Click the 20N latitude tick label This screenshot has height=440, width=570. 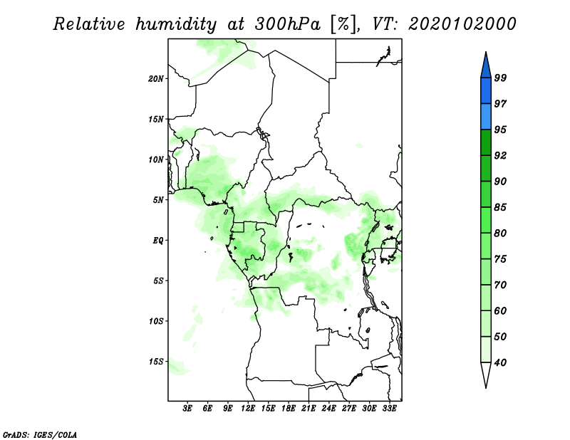click(156, 79)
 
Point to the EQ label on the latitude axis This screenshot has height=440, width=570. click(158, 240)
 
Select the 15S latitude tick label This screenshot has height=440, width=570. click(156, 362)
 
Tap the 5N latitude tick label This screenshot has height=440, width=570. click(158, 200)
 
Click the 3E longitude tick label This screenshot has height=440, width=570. click(187, 408)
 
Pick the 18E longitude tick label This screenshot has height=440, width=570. click(289, 408)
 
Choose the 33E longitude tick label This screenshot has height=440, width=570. click(389, 408)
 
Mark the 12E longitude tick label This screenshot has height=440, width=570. click(248, 408)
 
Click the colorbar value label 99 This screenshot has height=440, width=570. click(500, 78)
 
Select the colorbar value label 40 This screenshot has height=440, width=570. click(500, 362)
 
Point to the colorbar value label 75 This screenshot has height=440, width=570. click(500, 258)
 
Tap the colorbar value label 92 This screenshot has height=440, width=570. click(500, 155)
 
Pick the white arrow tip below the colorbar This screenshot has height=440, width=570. click(486, 387)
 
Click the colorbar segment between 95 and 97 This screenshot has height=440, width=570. click(486, 117)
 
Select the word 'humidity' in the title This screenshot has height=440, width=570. click(176, 24)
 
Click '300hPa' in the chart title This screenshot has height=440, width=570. click(288, 24)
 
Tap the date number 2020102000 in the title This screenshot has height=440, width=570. click(462, 24)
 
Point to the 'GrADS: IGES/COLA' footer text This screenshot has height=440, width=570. click(40, 434)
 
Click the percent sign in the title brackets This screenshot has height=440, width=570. click(343, 24)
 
